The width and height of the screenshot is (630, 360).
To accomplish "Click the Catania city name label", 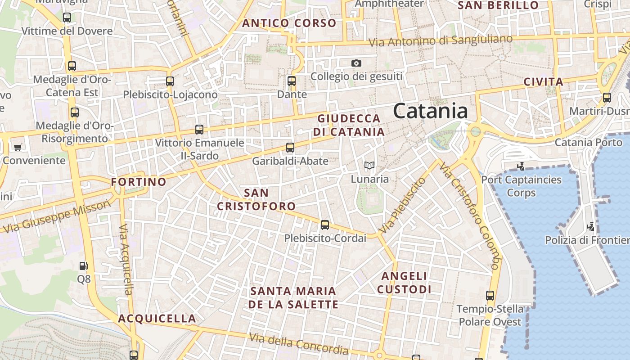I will pos(430,111).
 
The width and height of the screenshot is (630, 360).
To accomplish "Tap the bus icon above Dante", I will pos(292,81).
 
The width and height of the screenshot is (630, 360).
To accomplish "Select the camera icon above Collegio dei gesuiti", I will pos(356,63).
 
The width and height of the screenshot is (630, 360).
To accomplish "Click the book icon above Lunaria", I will pos(369,166).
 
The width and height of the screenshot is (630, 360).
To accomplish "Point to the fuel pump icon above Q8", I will pos(83,266).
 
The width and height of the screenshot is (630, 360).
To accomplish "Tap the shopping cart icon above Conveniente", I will pos(18,147).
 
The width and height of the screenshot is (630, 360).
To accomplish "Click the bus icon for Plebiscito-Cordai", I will pos(325,225).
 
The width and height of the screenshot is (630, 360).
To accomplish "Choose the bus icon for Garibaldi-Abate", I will pos(290,147).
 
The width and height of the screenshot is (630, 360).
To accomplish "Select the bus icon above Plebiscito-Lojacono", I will pos(170,81).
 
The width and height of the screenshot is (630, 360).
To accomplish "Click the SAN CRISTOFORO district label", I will pos(256,199).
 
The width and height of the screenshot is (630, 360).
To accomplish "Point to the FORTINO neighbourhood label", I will pos(139,182).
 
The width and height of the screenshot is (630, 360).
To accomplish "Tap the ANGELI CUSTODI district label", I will pos(404,283).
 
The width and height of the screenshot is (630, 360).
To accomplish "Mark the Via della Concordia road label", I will pos(299,343).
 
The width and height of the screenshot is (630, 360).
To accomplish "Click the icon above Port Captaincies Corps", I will pos(521,166).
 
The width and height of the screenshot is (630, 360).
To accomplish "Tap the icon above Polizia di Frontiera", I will pos(591,227).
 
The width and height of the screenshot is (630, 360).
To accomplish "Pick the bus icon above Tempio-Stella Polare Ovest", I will pos(490,296).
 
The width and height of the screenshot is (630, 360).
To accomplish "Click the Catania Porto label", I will pos(589,143).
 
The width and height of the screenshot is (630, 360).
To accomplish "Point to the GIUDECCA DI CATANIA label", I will pos(349,125).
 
